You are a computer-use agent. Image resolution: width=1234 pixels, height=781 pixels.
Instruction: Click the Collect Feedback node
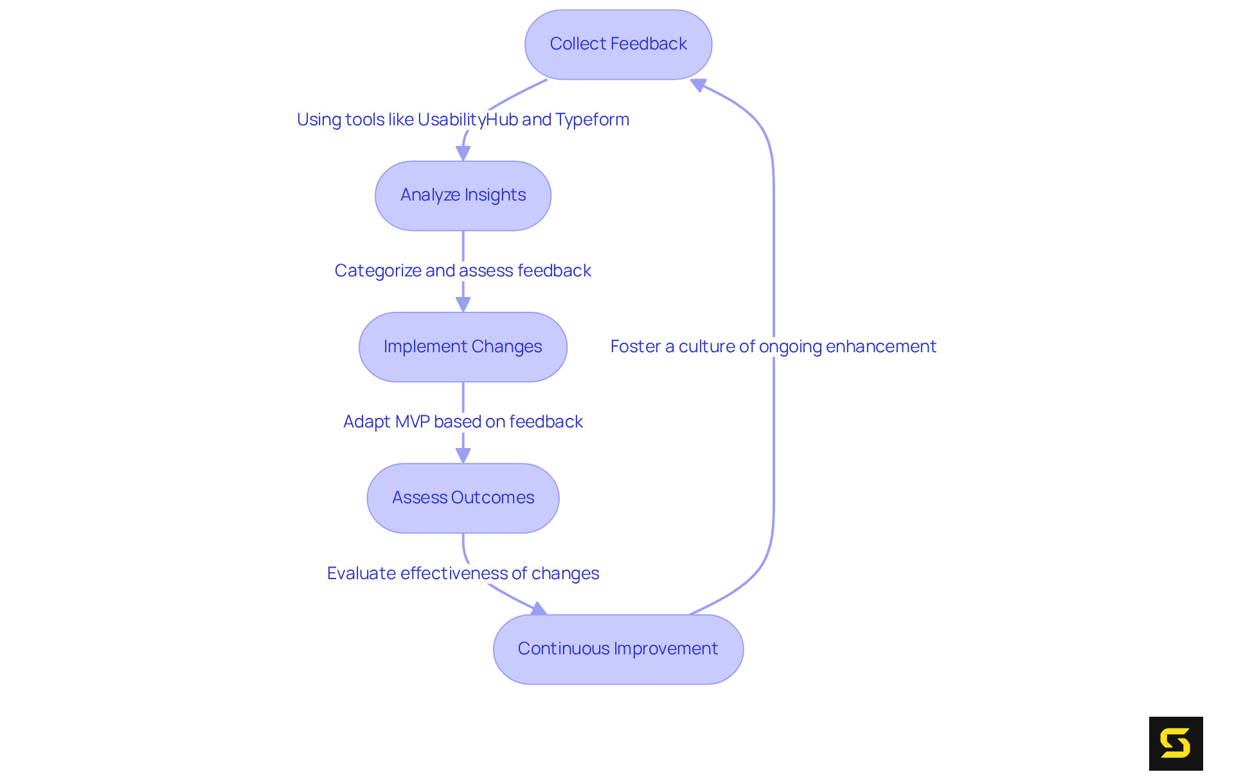click(618, 44)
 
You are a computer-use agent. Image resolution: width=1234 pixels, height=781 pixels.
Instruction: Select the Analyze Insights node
click(463, 195)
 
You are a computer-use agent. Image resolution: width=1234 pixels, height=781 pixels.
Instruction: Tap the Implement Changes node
click(463, 347)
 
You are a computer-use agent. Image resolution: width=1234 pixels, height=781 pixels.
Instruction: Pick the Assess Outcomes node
click(463, 498)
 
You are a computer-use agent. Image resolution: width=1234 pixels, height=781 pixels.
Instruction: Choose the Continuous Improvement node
click(618, 649)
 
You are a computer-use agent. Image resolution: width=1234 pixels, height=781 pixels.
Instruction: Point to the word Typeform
click(592, 120)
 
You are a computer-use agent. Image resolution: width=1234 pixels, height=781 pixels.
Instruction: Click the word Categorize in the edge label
click(377, 271)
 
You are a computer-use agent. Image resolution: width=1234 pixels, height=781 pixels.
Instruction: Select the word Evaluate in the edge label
click(361, 573)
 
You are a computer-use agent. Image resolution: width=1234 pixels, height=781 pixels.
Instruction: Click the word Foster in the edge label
click(635, 347)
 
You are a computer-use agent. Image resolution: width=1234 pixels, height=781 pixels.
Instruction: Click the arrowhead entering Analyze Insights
click(463, 154)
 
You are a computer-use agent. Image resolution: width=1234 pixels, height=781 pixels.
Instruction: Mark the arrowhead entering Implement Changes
click(463, 305)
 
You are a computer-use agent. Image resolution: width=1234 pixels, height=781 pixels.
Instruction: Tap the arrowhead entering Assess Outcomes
click(463, 456)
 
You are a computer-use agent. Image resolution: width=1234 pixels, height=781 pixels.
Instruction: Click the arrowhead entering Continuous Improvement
click(539, 609)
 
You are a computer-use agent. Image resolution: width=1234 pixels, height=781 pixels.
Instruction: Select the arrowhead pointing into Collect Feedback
click(699, 85)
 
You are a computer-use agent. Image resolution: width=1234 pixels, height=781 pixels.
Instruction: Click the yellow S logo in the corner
click(1176, 744)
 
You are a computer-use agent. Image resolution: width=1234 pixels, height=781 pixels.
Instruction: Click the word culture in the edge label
click(706, 347)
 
